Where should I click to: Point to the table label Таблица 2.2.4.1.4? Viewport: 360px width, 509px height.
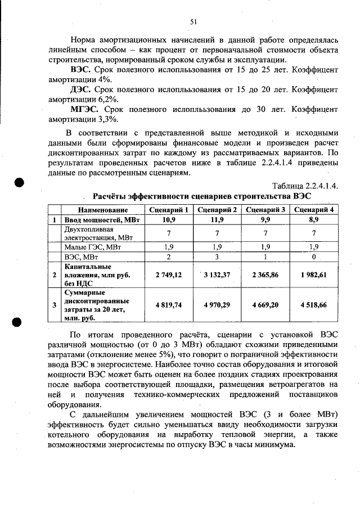click(x=305, y=186)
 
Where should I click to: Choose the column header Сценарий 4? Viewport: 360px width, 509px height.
click(x=314, y=210)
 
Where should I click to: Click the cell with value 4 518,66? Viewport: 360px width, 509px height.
click(x=314, y=305)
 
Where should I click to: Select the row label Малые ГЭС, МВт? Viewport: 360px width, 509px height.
click(x=92, y=246)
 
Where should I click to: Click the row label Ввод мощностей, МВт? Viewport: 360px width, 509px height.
click(x=101, y=219)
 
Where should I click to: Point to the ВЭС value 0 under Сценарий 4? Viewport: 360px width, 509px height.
click(x=314, y=256)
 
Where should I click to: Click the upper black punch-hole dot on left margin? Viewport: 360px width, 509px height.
click(x=19, y=183)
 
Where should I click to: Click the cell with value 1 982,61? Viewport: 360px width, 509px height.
click(x=314, y=274)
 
